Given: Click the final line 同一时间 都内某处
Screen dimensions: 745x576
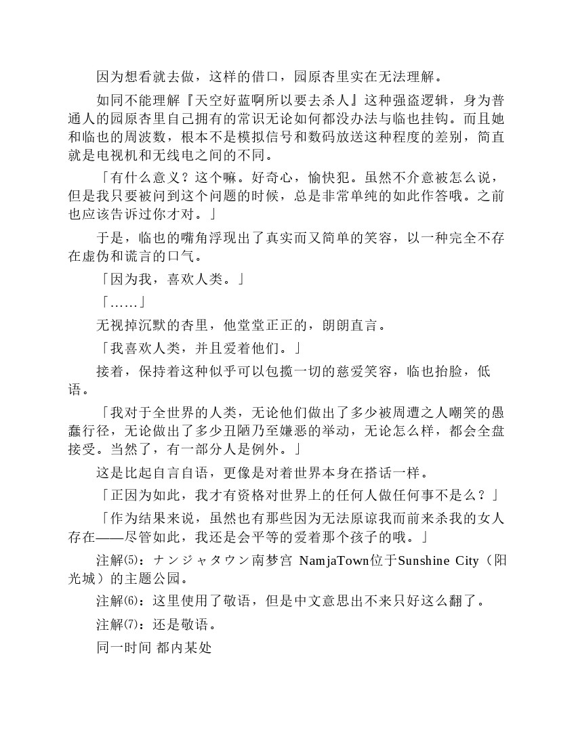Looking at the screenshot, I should coord(154,647).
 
